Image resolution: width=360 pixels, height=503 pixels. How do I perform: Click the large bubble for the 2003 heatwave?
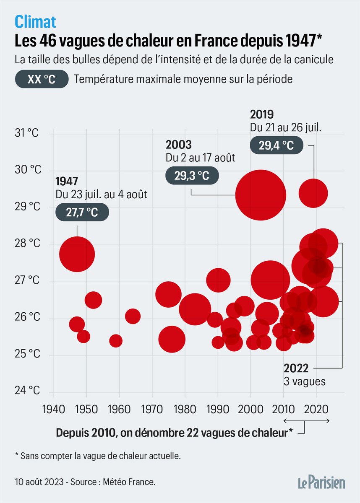tap(261, 195)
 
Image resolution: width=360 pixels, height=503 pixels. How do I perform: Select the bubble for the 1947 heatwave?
tap(77, 254)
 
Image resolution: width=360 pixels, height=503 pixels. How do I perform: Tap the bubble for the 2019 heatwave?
tap(313, 193)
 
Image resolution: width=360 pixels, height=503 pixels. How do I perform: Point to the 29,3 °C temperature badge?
tap(192, 176)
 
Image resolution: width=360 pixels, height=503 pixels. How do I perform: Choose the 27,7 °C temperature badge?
tap(82, 213)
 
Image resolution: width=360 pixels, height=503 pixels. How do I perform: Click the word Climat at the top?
tap(35, 21)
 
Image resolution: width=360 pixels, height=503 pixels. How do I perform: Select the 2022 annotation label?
tap(296, 368)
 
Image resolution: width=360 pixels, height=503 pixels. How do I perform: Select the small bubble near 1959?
tap(116, 341)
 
